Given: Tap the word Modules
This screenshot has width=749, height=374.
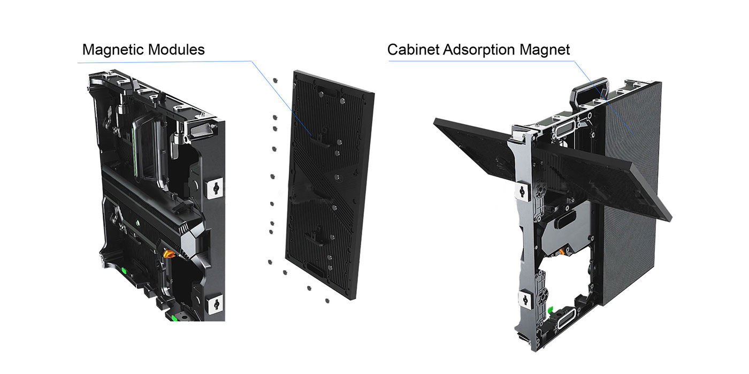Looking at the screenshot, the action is click(x=176, y=50).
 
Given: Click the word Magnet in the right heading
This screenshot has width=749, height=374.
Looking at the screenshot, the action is click(x=545, y=50).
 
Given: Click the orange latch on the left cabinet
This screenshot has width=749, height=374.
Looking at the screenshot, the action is click(x=168, y=253).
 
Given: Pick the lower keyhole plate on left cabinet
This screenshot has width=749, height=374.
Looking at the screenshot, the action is click(x=216, y=304).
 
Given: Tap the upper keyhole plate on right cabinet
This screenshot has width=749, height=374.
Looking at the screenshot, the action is click(x=522, y=192).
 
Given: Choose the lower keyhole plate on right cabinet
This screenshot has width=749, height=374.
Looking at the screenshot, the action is click(x=524, y=300).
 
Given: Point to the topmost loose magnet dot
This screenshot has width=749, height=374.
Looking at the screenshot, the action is click(x=275, y=80).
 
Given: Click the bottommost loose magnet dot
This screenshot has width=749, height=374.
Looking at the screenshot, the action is click(x=327, y=301).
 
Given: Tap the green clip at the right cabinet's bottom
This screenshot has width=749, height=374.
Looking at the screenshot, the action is click(x=550, y=310).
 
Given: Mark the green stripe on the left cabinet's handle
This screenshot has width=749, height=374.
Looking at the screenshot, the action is click(x=135, y=152).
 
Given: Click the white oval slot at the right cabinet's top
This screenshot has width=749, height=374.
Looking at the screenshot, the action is click(x=564, y=129).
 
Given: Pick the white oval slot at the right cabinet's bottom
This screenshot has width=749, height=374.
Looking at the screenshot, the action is click(x=567, y=318).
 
